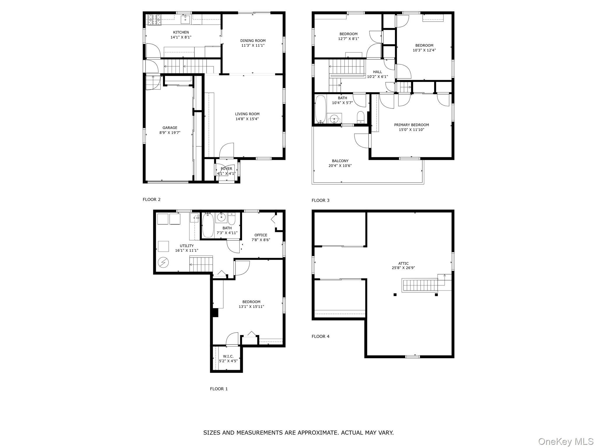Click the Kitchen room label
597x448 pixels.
click(181, 32)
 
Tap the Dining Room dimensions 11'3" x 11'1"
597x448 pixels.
click(253, 45)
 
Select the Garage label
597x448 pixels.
click(170, 128)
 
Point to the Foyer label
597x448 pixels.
click(226, 169)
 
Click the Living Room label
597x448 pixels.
click(247, 114)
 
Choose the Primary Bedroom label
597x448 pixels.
click(412, 125)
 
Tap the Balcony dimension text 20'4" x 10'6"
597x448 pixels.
click(340, 166)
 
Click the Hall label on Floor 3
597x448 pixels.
click(377, 72)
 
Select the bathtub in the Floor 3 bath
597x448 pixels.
click(321, 109)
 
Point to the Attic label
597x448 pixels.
click(403, 263)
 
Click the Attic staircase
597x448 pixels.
click(420, 285)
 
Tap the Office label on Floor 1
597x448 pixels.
click(261, 235)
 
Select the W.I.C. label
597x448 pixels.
click(228, 356)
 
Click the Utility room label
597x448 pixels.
click(187, 246)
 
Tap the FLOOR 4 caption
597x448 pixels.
click(320, 336)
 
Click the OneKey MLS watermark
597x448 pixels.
click(566, 441)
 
